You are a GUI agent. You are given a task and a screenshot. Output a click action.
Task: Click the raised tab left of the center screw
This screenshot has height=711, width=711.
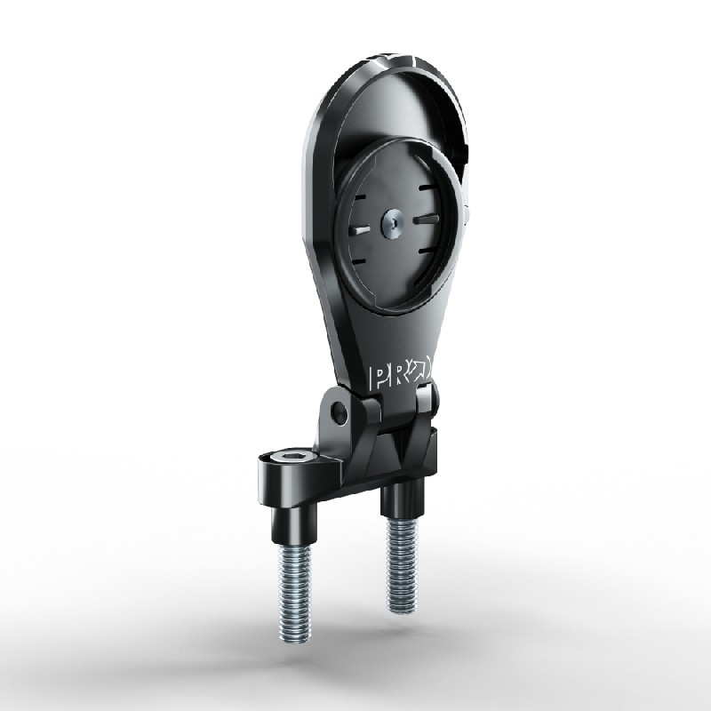tap(359, 229)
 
